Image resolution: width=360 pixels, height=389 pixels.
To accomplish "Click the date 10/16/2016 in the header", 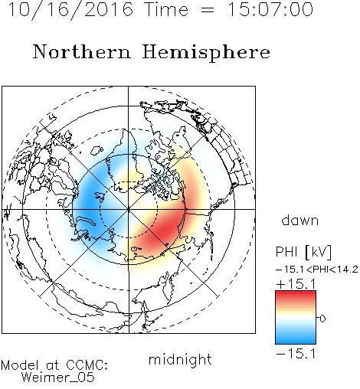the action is click(x=70, y=9).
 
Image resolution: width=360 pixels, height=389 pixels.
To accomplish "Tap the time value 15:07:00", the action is click(x=270, y=9).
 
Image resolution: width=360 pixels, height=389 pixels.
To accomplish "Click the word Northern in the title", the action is click(x=82, y=51).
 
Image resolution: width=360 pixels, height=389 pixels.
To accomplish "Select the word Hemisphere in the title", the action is click(x=206, y=52).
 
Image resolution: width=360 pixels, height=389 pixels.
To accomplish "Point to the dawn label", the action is click(x=300, y=220).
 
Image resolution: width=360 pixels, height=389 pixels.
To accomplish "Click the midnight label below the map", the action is click(x=180, y=359).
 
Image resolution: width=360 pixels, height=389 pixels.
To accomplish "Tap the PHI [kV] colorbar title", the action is click(x=303, y=252).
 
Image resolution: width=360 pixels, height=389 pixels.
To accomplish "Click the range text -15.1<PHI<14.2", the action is click(x=317, y=270).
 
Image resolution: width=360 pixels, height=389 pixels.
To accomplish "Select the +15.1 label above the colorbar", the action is click(x=296, y=284).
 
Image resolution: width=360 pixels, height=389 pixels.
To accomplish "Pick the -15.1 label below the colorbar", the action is click(x=296, y=354).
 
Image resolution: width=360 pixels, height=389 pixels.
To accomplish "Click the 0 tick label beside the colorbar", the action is click(x=322, y=319).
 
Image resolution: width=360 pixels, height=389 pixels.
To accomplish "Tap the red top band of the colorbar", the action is click(x=296, y=295).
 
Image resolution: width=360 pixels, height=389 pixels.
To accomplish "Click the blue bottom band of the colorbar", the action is click(x=296, y=339).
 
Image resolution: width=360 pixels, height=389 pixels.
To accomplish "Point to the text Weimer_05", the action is click(x=58, y=378).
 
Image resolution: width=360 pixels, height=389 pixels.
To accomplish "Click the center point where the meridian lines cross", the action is click(x=129, y=210).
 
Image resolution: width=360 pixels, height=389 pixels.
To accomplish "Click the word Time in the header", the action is click(x=166, y=9).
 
